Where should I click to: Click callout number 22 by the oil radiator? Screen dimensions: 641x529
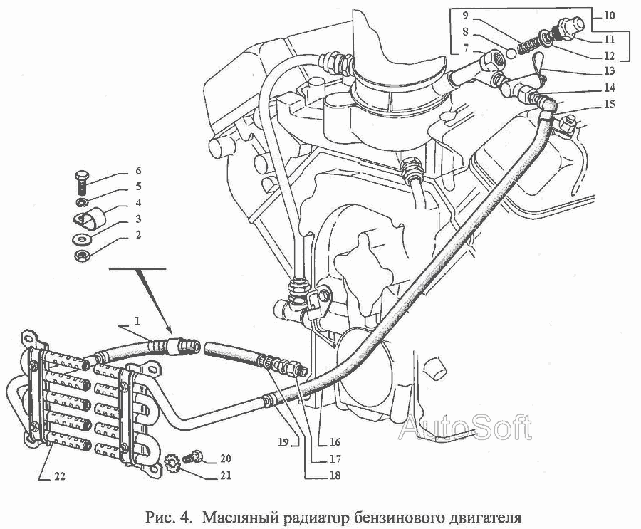tap(59, 476)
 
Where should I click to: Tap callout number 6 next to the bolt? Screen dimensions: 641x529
tap(138, 170)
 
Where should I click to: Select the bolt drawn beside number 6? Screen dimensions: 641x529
tap(82, 183)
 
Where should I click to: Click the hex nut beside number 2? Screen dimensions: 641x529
tap(82, 256)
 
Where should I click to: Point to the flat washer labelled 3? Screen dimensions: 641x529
tap(82, 239)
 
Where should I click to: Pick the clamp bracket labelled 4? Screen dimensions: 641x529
tap(90, 217)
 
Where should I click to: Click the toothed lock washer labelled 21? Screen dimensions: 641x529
tap(172, 464)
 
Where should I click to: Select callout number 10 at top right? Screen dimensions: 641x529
tap(609, 16)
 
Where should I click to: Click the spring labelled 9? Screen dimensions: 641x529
tap(528, 45)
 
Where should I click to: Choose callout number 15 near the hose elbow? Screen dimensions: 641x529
tap(609, 104)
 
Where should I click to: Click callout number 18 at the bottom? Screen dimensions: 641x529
tap(335, 476)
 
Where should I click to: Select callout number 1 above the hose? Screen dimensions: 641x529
tap(137, 321)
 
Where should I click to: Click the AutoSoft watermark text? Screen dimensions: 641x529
tap(465, 427)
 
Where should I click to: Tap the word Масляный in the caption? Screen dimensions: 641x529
tap(239, 518)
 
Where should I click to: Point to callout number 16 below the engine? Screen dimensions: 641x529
tap(335, 442)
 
